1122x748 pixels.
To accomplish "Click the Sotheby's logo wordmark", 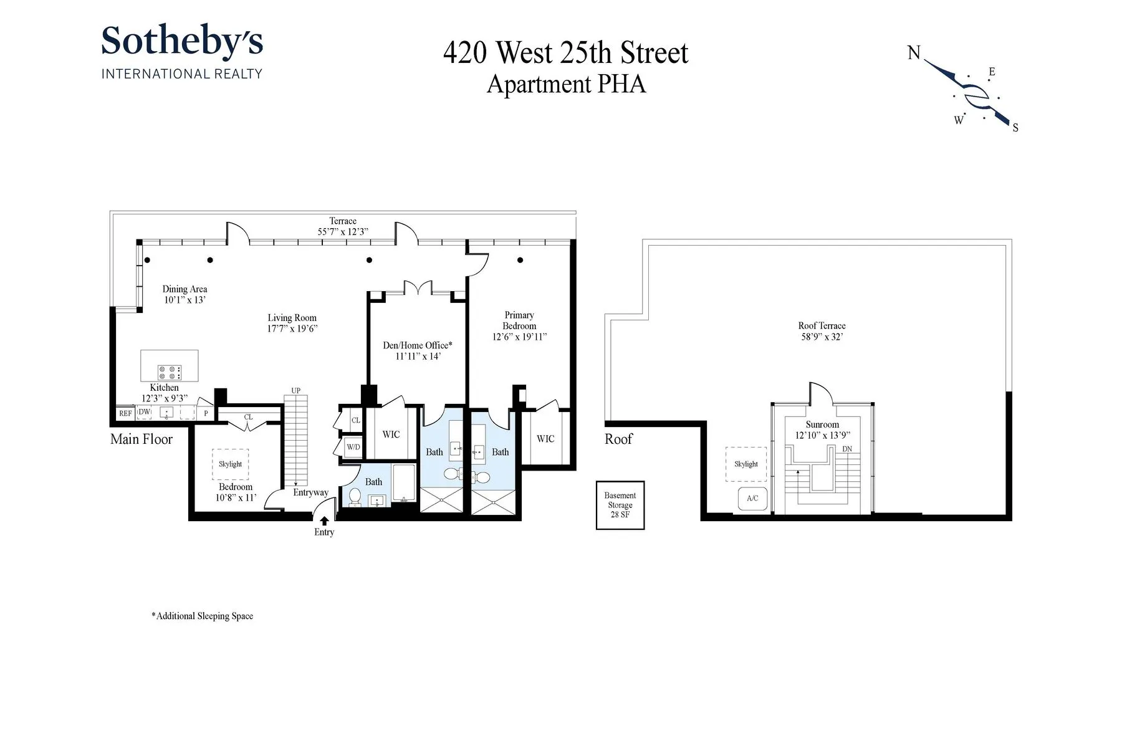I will point(181,42).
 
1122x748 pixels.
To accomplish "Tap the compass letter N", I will point(914,54).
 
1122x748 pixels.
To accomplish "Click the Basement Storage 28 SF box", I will point(620,505).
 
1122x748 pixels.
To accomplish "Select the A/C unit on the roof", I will point(752,499).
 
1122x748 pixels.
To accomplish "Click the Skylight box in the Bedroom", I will point(230,464).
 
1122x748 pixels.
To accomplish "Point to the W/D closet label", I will point(353,447).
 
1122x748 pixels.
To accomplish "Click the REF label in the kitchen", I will point(125,413).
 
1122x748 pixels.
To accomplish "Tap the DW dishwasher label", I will point(144,412).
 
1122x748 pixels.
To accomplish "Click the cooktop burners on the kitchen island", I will point(169,372).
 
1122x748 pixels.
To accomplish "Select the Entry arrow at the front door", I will point(324,520).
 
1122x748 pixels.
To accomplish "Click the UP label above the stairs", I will point(295,391).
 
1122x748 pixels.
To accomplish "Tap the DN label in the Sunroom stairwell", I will point(846,449).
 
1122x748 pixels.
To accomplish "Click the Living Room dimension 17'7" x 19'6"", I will point(292,328).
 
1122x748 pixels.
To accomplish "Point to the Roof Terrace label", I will point(822,325).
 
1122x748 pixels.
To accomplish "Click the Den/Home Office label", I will point(417,345).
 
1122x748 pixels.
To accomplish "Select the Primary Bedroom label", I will point(519,320).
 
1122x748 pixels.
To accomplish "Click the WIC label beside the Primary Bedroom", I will point(545,439).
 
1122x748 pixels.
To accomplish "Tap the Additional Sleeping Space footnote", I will point(203,616).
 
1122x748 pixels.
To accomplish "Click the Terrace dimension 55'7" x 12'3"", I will point(343,231).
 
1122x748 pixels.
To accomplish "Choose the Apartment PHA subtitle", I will point(565,84).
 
